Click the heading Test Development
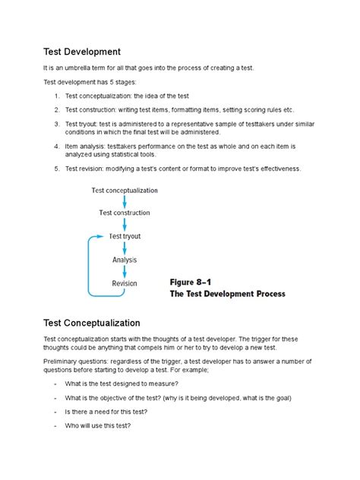point(82,52)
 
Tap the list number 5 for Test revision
point(57,169)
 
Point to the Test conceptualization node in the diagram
point(124,190)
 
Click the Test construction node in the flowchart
point(125,213)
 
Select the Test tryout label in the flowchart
point(125,236)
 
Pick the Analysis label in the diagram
point(125,260)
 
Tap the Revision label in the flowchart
point(125,283)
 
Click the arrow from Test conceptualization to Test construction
point(125,201)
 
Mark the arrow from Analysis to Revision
point(125,271)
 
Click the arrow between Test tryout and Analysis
point(125,248)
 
